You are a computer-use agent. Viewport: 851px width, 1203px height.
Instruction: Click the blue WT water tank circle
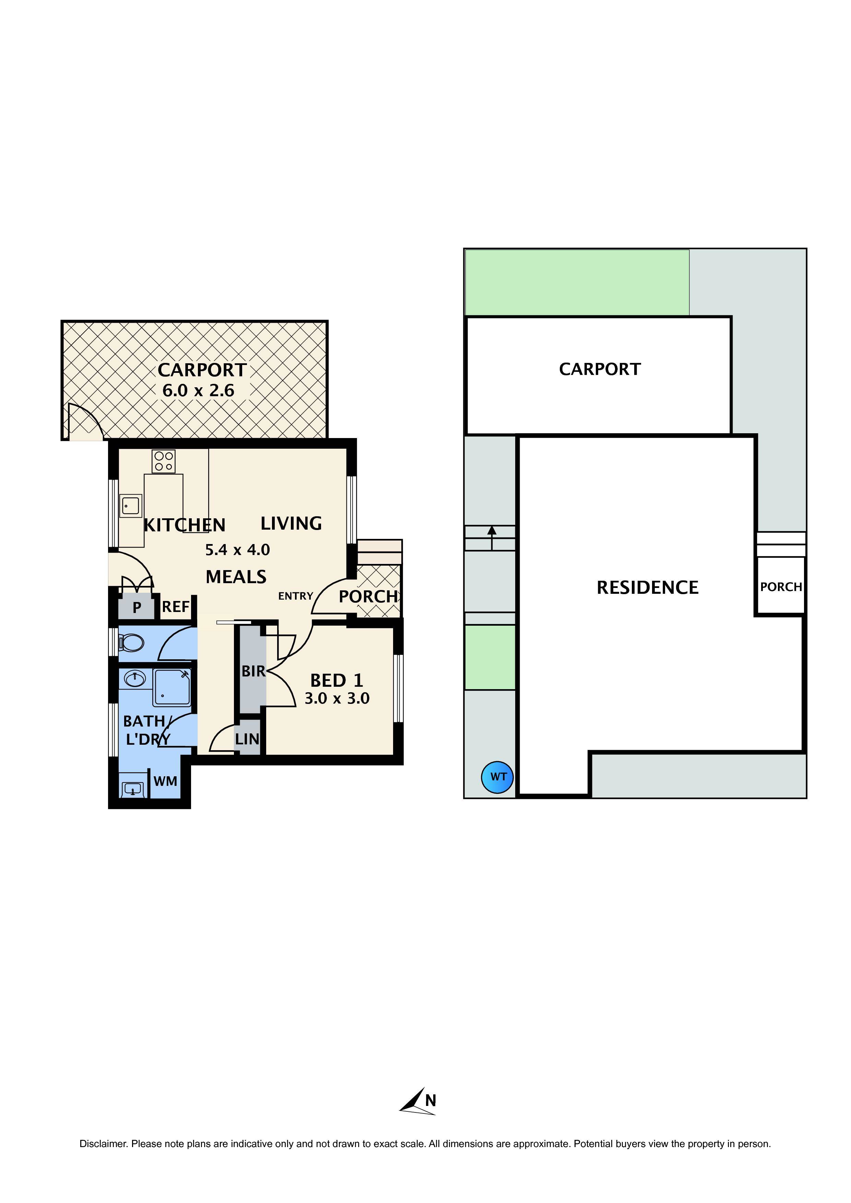pos(497,777)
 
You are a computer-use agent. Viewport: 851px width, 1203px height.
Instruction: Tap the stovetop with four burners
pos(164,461)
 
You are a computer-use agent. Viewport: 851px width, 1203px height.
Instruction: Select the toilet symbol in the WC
pos(131,642)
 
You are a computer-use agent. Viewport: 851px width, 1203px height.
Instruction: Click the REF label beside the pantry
pos(176,607)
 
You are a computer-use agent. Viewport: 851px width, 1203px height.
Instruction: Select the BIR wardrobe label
pos(253,671)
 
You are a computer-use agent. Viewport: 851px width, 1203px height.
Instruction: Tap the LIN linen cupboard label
pos(247,739)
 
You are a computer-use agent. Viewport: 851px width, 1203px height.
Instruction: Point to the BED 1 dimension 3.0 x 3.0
pos(337,698)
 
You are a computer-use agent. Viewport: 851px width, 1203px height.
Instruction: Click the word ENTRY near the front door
pos(296,596)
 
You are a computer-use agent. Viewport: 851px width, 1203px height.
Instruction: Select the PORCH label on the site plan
pos(781,587)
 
